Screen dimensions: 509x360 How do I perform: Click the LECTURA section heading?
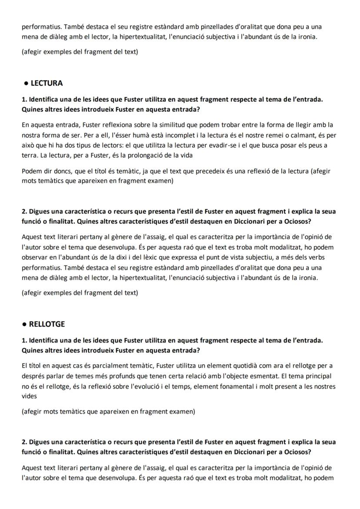[47, 83]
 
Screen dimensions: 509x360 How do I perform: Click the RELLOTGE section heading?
[47, 324]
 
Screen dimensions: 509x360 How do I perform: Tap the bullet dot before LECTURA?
[27, 83]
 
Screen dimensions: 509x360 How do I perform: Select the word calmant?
[306, 135]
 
